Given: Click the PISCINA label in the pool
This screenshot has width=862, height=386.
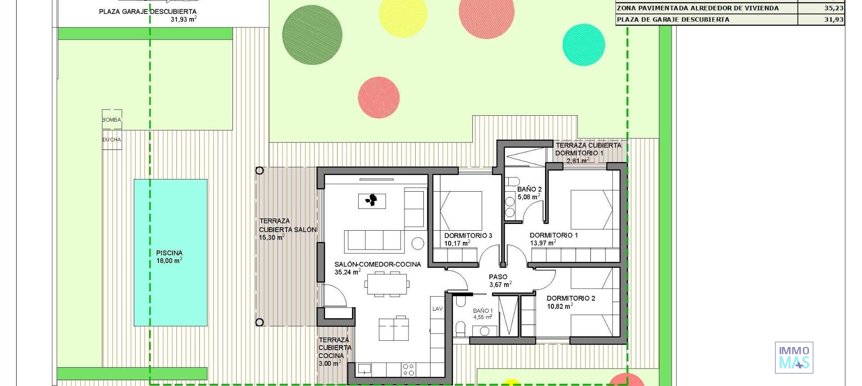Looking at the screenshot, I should [x=169, y=253].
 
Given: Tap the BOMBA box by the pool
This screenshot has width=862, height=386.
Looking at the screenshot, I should [x=112, y=120].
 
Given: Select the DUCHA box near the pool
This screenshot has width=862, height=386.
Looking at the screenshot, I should [x=112, y=140].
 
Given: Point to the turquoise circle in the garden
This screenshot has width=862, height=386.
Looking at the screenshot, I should [x=583, y=44].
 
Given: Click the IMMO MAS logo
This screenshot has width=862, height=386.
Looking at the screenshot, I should [x=794, y=358].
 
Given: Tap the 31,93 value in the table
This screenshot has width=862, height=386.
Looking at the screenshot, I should [x=833, y=19].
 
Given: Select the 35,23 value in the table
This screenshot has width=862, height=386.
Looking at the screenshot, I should [x=833, y=8].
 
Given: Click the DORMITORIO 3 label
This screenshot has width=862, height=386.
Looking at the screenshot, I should [x=468, y=236].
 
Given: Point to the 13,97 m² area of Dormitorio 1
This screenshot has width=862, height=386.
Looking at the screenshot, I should [x=543, y=243].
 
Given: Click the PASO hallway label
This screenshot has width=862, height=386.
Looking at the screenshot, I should [x=498, y=277].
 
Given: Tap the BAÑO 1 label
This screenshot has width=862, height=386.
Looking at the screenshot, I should [x=483, y=311].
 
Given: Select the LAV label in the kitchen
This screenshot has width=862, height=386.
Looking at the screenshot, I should [x=437, y=309].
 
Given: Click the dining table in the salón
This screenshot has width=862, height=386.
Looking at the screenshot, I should [x=387, y=284].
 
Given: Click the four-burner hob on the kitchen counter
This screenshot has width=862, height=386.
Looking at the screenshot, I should [x=409, y=369].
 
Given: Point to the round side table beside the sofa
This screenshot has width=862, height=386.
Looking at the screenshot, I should [x=418, y=243].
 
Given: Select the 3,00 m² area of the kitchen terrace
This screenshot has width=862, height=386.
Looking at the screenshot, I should [x=329, y=364].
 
